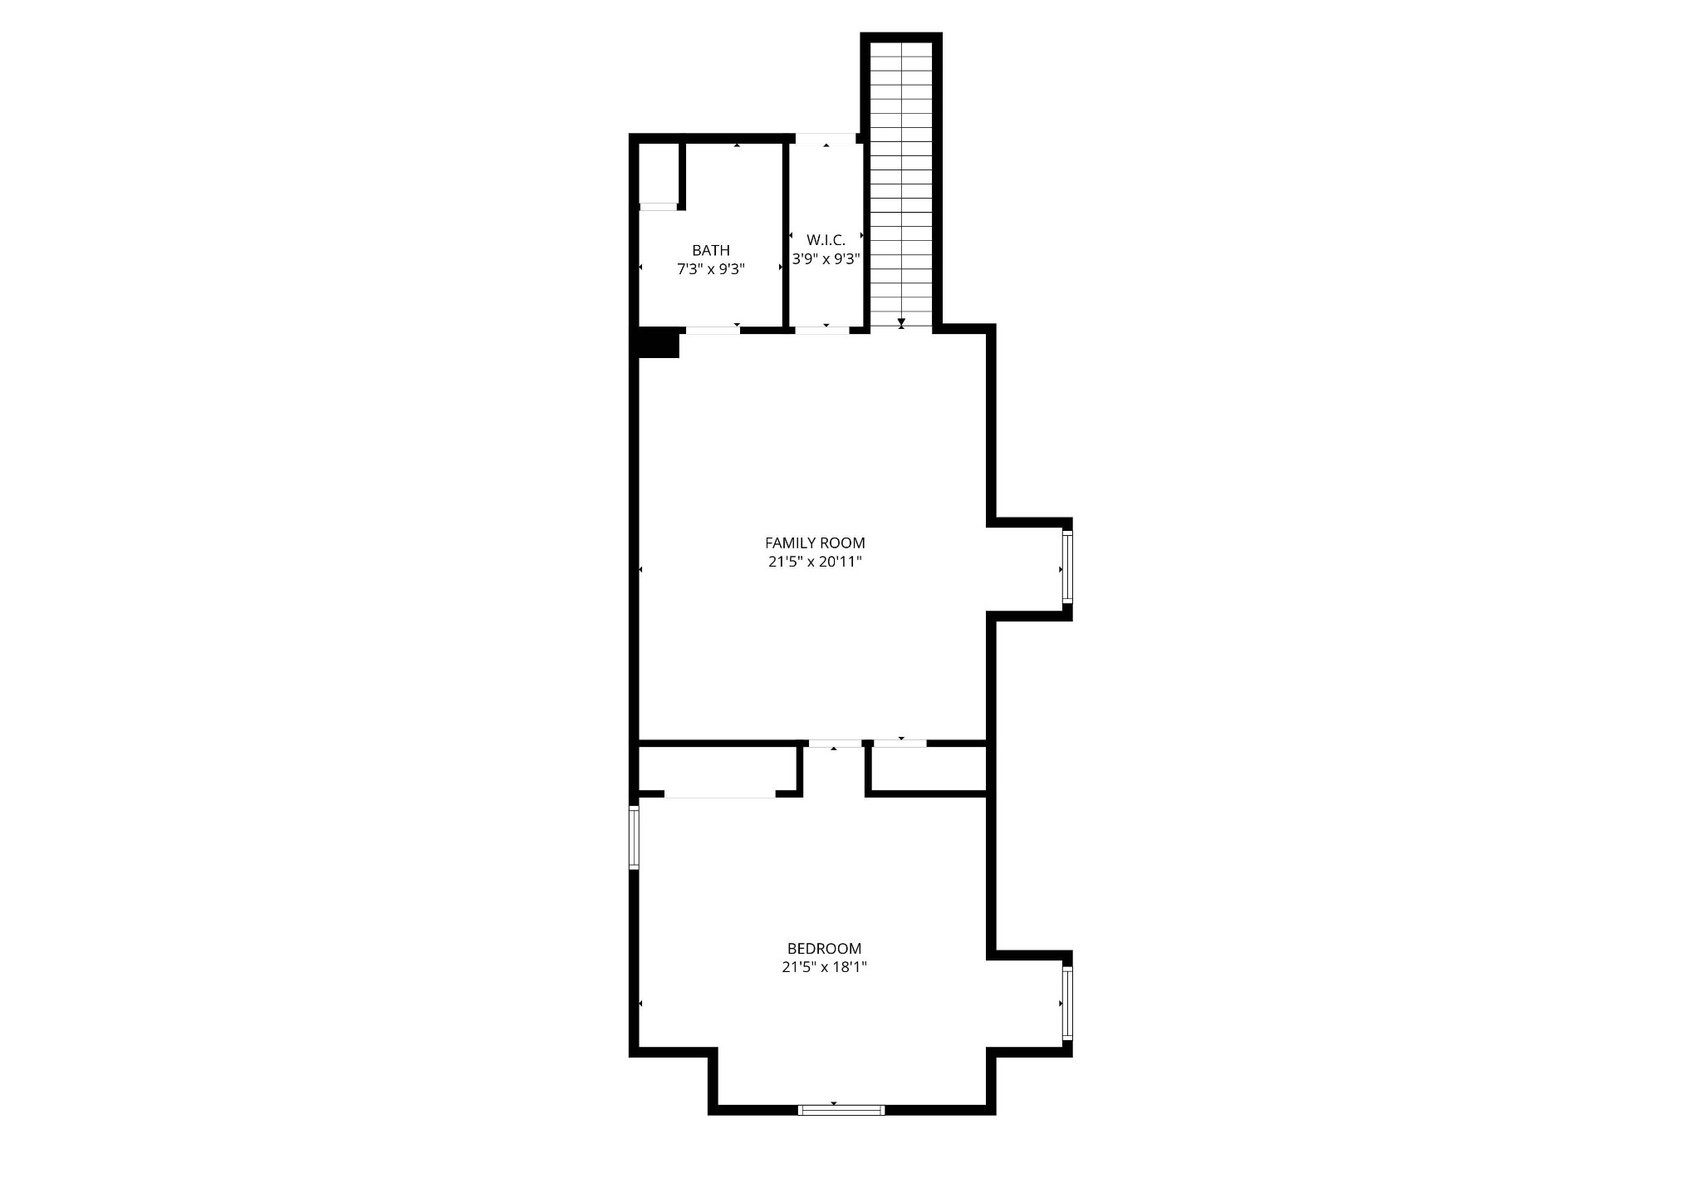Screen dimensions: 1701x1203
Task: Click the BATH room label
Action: [711, 250]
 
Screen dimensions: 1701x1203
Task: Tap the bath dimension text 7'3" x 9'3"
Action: [711, 269]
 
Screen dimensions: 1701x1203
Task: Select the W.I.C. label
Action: [826, 240]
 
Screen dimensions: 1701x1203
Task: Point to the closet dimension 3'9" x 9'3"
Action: [826, 259]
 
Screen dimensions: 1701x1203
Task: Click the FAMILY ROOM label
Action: [815, 543]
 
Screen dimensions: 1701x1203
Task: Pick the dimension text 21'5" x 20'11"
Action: [815, 562]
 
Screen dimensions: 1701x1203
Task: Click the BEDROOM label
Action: [824, 949]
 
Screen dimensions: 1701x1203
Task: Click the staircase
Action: [901, 184]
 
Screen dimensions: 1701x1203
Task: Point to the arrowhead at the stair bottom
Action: [901, 322]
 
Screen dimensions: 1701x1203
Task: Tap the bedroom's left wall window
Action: [634, 837]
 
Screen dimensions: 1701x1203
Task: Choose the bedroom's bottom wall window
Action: [841, 1109]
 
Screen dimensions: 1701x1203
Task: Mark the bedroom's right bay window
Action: [1067, 1003]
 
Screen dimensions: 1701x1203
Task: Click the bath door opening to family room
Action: [713, 330]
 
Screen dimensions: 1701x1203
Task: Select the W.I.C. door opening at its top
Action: [826, 138]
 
